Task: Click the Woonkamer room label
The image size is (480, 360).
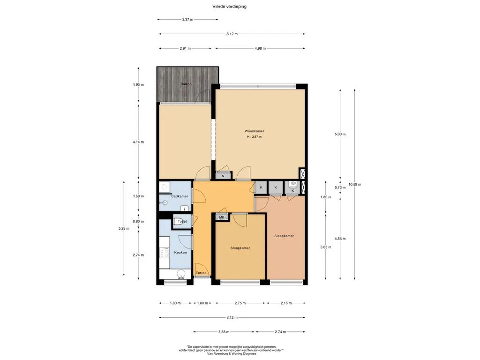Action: (254, 131)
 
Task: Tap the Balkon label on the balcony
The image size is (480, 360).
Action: (186, 84)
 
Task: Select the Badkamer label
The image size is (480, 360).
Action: (180, 196)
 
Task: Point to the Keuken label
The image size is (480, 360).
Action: (180, 253)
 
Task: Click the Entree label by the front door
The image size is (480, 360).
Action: (201, 273)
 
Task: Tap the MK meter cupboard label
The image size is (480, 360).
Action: (222, 217)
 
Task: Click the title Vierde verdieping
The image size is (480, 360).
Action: (229, 7)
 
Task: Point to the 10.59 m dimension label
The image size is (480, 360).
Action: (355, 184)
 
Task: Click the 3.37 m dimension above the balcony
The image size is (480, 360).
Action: (187, 19)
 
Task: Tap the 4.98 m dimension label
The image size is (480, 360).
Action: (260, 48)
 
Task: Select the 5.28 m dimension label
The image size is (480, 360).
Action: (124, 228)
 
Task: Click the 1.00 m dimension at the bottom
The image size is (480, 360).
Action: (202, 303)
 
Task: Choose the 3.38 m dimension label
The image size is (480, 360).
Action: (224, 332)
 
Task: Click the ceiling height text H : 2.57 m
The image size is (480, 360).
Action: (255, 137)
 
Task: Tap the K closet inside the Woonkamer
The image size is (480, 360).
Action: (223, 176)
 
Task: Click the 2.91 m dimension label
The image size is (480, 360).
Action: (185, 48)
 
